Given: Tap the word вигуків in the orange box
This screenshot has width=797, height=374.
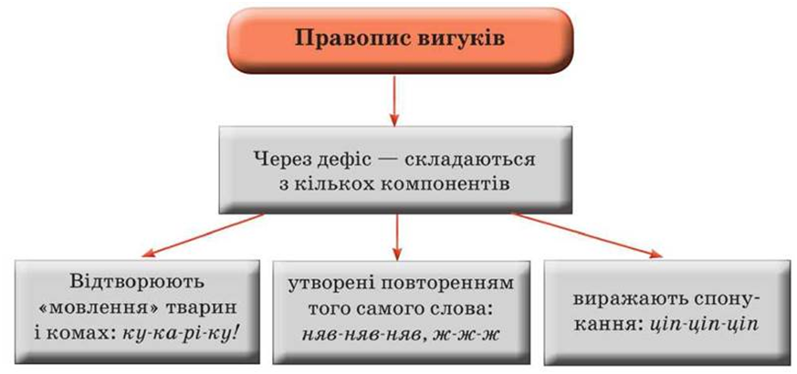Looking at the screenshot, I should pyautogui.click(x=446, y=39).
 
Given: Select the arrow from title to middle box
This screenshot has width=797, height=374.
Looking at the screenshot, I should pyautogui.click(x=394, y=99).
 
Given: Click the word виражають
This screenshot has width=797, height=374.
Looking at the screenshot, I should pyautogui.click(x=617, y=301).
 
